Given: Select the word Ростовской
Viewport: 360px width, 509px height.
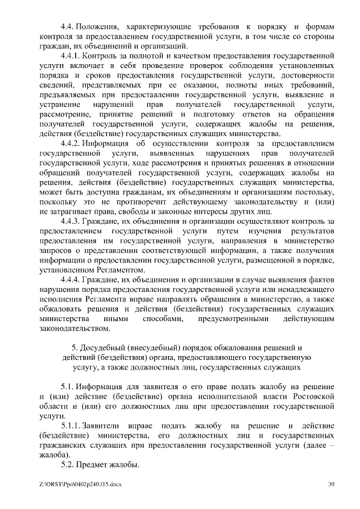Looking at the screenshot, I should click(x=312, y=397).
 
